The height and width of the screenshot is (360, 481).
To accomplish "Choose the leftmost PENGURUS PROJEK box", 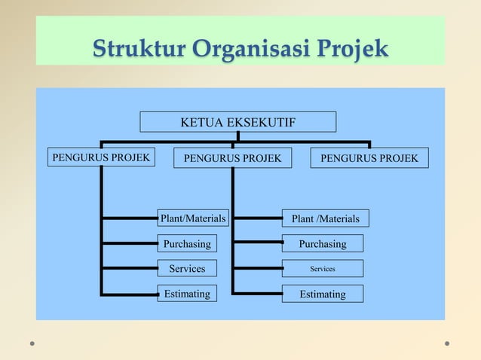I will click(101, 157).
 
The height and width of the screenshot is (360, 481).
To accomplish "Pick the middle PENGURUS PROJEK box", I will click(232, 158).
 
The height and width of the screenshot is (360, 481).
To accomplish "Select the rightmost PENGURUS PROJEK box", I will click(369, 158).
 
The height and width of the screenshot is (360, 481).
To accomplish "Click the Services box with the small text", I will click(323, 269).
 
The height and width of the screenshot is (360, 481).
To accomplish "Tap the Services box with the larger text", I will click(187, 269).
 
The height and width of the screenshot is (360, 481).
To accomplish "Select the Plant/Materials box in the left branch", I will click(193, 218).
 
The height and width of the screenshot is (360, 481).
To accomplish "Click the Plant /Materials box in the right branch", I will click(326, 219).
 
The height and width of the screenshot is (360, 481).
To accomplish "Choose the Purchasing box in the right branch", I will click(323, 244).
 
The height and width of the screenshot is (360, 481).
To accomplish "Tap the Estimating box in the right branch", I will click(323, 294).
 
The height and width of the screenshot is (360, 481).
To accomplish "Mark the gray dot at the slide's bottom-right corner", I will click(447, 343).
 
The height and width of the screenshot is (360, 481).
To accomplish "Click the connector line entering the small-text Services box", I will click(258, 269).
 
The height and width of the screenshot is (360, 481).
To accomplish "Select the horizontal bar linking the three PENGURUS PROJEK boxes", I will click(302, 141).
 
